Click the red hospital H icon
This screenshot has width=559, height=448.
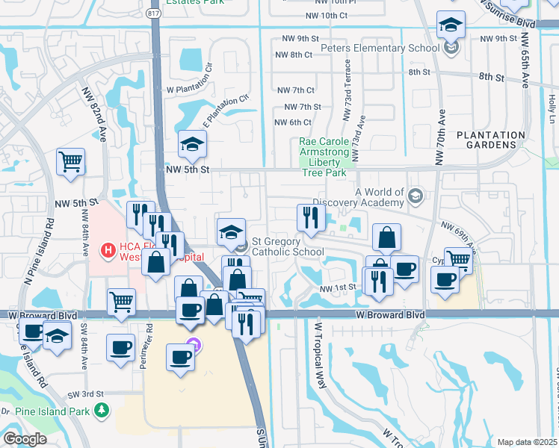[x=108, y=249]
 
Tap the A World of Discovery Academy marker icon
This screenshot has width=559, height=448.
[x=416, y=196]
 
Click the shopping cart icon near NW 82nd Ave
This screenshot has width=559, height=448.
[x=70, y=161]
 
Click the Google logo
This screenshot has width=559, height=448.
[x=24, y=438]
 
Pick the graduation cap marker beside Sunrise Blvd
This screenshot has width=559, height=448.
[x=451, y=26]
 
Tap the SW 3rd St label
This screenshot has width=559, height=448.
[x=84, y=394]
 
